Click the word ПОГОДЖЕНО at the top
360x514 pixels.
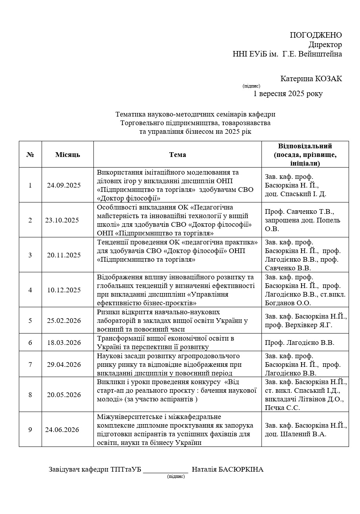(316, 35)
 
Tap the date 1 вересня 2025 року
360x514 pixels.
(288, 94)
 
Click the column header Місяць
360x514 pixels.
(68, 155)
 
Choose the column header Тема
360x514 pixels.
(177, 155)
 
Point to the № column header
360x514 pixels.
(30, 155)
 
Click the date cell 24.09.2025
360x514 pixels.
(64, 185)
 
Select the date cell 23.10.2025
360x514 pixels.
(62, 220)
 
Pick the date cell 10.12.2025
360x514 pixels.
(64, 290)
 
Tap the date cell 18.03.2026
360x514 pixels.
(64, 343)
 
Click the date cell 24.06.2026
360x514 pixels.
(62, 430)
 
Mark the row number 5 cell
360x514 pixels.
(30, 321)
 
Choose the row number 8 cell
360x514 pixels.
(30, 395)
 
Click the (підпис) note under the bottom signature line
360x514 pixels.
(175, 476)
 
